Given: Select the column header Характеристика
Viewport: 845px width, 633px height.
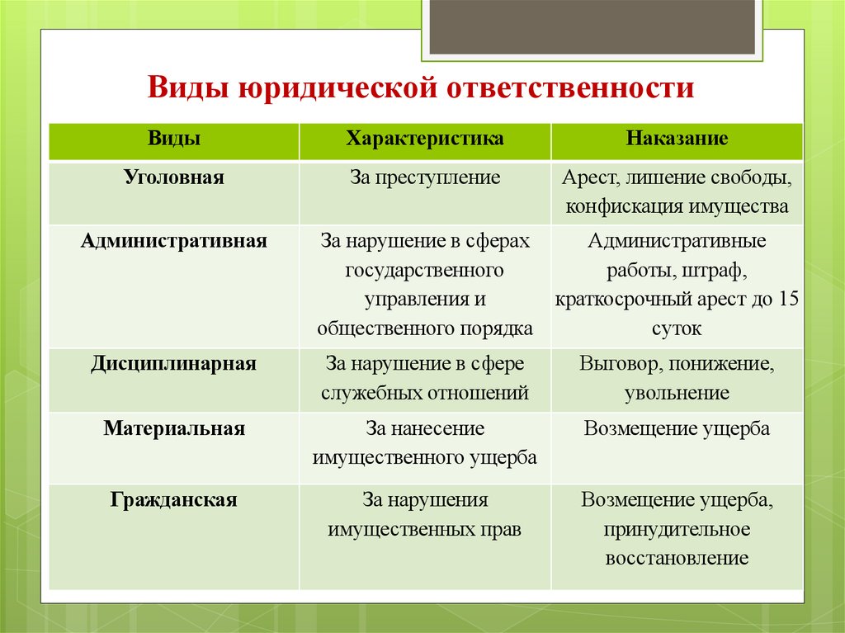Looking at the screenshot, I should [425, 138].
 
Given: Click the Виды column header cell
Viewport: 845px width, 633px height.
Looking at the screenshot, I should [174, 138].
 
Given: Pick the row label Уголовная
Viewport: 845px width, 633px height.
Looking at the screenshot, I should [174, 177].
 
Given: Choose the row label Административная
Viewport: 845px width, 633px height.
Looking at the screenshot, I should [174, 241].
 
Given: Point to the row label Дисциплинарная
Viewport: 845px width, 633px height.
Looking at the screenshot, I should [174, 364].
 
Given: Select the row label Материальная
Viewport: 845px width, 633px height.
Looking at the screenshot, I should [174, 429].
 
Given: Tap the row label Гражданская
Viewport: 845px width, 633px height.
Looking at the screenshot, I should [174, 500].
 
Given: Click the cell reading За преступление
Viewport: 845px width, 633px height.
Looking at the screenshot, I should [425, 177].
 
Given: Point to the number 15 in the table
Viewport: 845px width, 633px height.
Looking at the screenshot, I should [787, 299].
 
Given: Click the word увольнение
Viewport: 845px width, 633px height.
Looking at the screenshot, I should [677, 393].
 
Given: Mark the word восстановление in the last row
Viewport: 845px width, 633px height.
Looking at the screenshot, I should [677, 558].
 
